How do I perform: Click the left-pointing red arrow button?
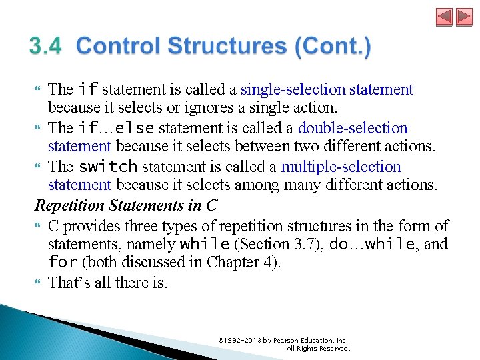click(x=445, y=17)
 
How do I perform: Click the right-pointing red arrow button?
click(x=464, y=17)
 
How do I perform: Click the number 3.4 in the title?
click(x=45, y=47)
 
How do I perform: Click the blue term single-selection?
click(x=293, y=89)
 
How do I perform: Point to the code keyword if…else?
click(x=116, y=128)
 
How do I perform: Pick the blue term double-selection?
click(x=353, y=128)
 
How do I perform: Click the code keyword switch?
click(x=108, y=167)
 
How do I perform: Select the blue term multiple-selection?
click(x=341, y=167)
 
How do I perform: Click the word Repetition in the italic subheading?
click(x=69, y=205)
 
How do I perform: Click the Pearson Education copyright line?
click(x=283, y=341)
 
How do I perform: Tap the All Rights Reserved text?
click(x=317, y=348)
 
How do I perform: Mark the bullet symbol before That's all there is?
click(x=39, y=283)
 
